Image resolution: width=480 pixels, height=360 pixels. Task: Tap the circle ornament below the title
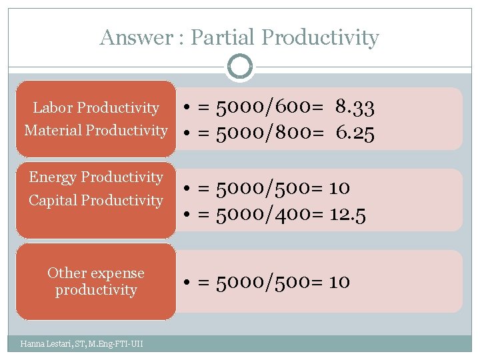pos(240,67)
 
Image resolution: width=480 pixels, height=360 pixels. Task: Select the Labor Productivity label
pos(96,108)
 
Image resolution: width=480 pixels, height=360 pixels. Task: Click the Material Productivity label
pos(96,131)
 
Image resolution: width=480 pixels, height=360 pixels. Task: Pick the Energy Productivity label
pos(96,177)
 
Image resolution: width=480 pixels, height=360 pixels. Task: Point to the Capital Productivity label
pos(96,200)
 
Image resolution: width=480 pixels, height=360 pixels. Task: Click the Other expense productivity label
pos(96,281)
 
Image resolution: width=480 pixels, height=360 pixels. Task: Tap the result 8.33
pos(355,107)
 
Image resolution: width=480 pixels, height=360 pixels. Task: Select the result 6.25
pos(355,133)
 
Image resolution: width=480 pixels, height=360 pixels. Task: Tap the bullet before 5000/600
pos(190,107)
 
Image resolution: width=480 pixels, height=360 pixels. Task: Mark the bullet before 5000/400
pos(190,215)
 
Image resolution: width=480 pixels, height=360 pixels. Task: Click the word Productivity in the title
pos(320,37)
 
